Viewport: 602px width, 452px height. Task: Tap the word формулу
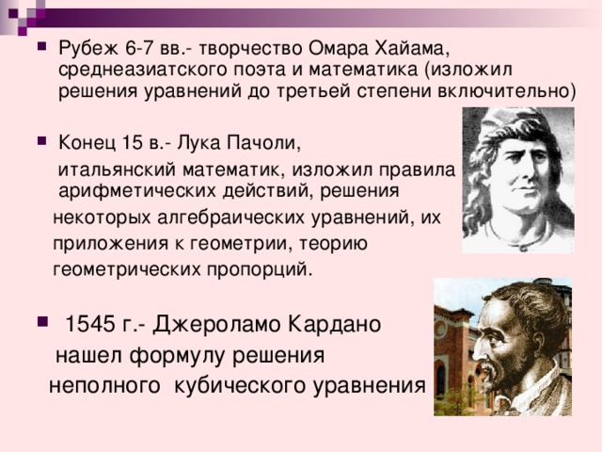[x=181, y=357]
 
